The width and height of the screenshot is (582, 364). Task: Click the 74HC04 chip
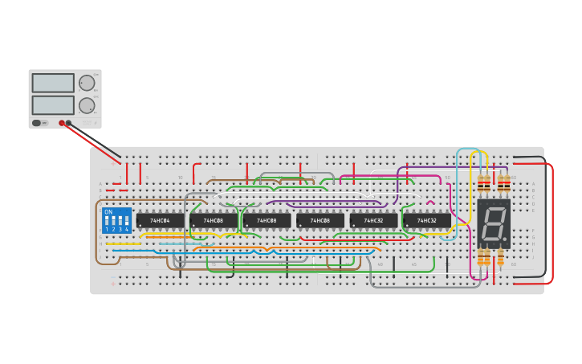pyautogui.click(x=160, y=220)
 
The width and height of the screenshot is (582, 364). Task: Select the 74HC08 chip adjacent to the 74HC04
pyautogui.click(x=214, y=220)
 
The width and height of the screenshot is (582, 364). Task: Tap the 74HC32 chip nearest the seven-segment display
pyautogui.click(x=426, y=220)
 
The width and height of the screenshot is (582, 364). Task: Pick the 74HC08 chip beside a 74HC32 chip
pyautogui.click(x=319, y=220)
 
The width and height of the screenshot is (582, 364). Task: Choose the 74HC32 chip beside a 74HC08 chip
pyautogui.click(x=373, y=220)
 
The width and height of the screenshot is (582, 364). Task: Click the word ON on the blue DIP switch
pyautogui.click(x=108, y=211)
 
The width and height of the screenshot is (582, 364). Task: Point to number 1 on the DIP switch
pyautogui.click(x=107, y=229)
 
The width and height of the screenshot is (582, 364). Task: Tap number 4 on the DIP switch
pyautogui.click(x=126, y=229)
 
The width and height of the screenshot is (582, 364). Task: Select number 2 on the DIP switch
pyautogui.click(x=113, y=229)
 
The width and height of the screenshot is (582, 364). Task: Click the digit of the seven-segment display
pyautogui.click(x=492, y=223)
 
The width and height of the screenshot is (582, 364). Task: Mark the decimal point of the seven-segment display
pyautogui.click(x=504, y=239)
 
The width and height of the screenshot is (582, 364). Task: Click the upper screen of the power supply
pyautogui.click(x=53, y=83)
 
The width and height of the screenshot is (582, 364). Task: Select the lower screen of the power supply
pyautogui.click(x=53, y=104)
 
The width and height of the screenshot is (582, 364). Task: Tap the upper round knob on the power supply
pyautogui.click(x=86, y=83)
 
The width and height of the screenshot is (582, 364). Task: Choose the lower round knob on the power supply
pyautogui.click(x=86, y=104)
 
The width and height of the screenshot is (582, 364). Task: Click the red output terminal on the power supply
pyautogui.click(x=62, y=123)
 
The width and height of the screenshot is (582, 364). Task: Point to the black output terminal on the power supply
pyautogui.click(x=69, y=123)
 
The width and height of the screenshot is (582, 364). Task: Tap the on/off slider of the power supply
pyautogui.click(x=37, y=123)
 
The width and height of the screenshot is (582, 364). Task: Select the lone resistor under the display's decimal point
pyautogui.click(x=500, y=257)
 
